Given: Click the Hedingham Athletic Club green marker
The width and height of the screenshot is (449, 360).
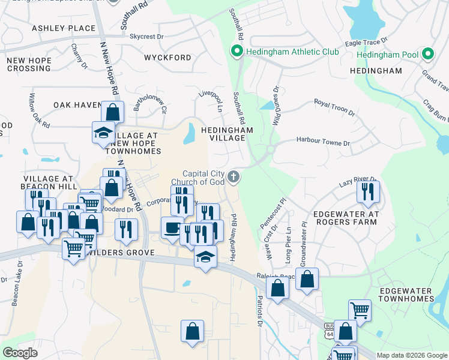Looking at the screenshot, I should pos(237,52).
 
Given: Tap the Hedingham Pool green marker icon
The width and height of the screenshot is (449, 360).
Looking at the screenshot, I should pos(428,55).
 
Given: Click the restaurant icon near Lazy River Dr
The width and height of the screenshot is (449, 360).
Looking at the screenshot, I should pos(367,191).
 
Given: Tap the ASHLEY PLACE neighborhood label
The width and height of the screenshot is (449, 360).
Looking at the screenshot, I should pos(64,28).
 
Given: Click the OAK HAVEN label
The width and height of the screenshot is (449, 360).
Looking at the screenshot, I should pos(77,105).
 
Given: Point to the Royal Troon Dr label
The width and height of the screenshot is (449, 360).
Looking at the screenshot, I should pos(334,108).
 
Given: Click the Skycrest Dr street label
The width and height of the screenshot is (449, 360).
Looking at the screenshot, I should pos(146,37).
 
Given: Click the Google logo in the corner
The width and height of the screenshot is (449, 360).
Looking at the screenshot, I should pos(20,353).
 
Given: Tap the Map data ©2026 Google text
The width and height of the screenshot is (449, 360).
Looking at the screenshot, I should pos(412,355).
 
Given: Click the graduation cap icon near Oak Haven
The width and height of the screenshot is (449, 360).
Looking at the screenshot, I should pos(103,132).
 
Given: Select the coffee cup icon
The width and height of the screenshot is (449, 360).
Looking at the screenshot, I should pos(172,227).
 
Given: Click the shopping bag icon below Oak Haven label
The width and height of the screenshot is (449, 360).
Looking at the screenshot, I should pos(112,112).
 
